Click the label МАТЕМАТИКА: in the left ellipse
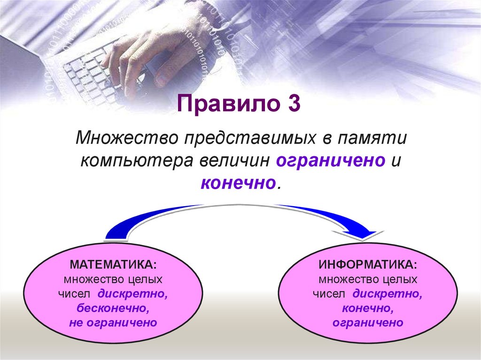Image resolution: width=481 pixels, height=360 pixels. pyautogui.click(x=114, y=265)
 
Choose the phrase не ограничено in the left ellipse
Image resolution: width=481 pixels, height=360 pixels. pyautogui.click(x=113, y=322)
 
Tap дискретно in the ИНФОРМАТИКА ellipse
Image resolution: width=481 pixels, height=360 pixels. pyautogui.click(x=388, y=294)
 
